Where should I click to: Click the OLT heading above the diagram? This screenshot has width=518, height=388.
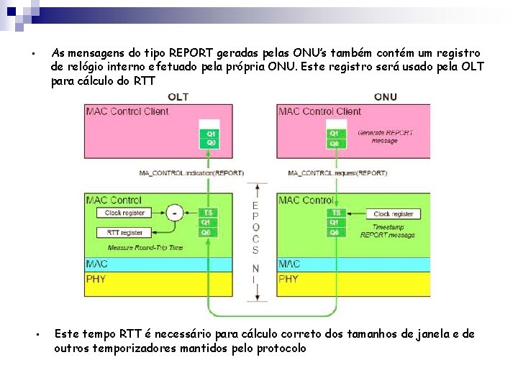[x=177, y=97]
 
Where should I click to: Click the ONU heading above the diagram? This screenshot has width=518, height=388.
[x=386, y=97]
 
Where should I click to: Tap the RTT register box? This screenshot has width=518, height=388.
[x=124, y=233]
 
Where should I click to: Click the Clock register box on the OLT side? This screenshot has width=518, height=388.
[x=124, y=213]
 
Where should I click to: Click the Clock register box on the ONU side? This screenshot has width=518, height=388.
[x=393, y=214]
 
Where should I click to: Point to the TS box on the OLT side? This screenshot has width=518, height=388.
[x=208, y=213]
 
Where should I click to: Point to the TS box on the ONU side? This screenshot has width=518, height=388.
[x=335, y=213]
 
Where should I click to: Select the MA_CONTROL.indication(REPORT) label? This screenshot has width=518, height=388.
[x=191, y=173]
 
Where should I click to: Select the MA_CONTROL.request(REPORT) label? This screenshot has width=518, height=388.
[x=337, y=173]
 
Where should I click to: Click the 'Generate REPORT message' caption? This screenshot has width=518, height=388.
[x=385, y=137]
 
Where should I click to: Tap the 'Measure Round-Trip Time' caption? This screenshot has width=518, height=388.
[x=145, y=248]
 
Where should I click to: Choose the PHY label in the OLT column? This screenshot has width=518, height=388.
[x=96, y=279]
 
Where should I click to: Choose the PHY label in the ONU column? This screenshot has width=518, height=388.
[x=288, y=279]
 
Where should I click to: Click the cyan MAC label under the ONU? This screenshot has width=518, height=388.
[x=289, y=264]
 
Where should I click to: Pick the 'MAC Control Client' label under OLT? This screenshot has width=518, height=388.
[x=127, y=111]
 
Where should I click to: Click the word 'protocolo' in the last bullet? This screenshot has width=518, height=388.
[x=281, y=348]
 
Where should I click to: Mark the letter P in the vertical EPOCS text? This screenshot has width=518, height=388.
[x=255, y=216]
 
